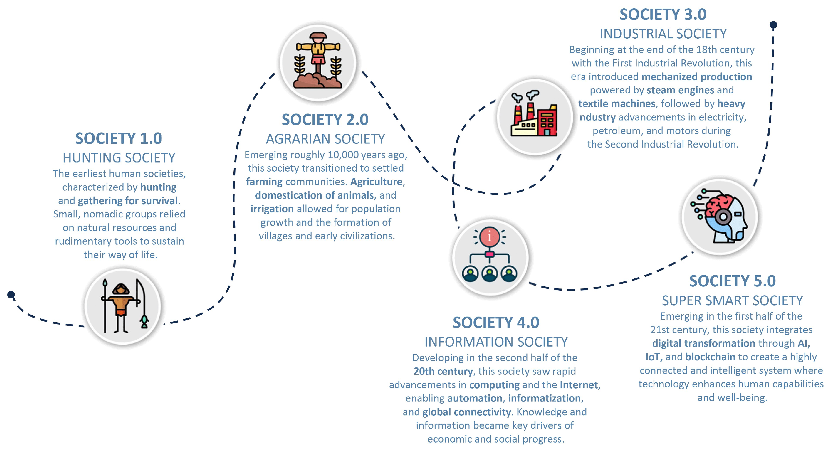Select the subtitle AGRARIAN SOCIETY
pyautogui.click(x=325, y=139)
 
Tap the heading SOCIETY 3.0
pyautogui.click(x=663, y=14)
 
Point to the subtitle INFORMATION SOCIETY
pyautogui.click(x=496, y=342)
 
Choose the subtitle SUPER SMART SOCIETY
pyautogui.click(x=732, y=301)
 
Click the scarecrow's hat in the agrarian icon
pyautogui.click(x=318, y=36)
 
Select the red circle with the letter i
pyautogui.click(x=489, y=237)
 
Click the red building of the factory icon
pyautogui.click(x=547, y=122)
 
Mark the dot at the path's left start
pyautogui.click(x=11, y=294)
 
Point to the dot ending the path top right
pyautogui.click(x=773, y=25)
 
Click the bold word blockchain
pyautogui.click(x=710, y=357)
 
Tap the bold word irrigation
pyautogui.click(x=272, y=209)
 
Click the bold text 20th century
pyautogui.click(x=443, y=371)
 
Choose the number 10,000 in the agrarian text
pyautogui.click(x=343, y=155)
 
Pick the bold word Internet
pyautogui.click(x=579, y=385)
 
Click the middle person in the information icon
pyautogui.click(x=489, y=274)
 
